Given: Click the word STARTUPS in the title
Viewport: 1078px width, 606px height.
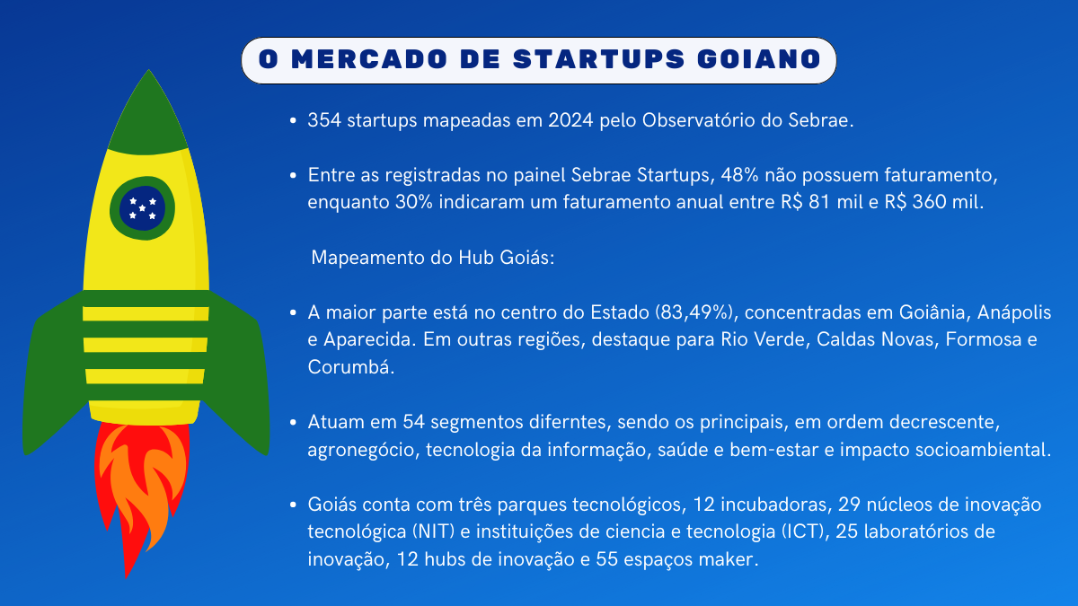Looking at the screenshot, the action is coord(598,59).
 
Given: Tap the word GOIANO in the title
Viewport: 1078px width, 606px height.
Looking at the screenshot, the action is coord(759,59).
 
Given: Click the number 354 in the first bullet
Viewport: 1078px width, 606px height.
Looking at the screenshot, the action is coord(324,120).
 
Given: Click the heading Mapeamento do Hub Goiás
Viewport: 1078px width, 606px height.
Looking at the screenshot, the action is coord(433,258).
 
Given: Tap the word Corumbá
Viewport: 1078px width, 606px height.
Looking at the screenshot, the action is coord(351,367).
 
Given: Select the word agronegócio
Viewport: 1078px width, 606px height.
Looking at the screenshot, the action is coord(363,450).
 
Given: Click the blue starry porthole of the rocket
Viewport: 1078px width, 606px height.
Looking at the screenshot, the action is coord(143,208).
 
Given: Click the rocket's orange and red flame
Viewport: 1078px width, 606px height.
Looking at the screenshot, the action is coord(141,490).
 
